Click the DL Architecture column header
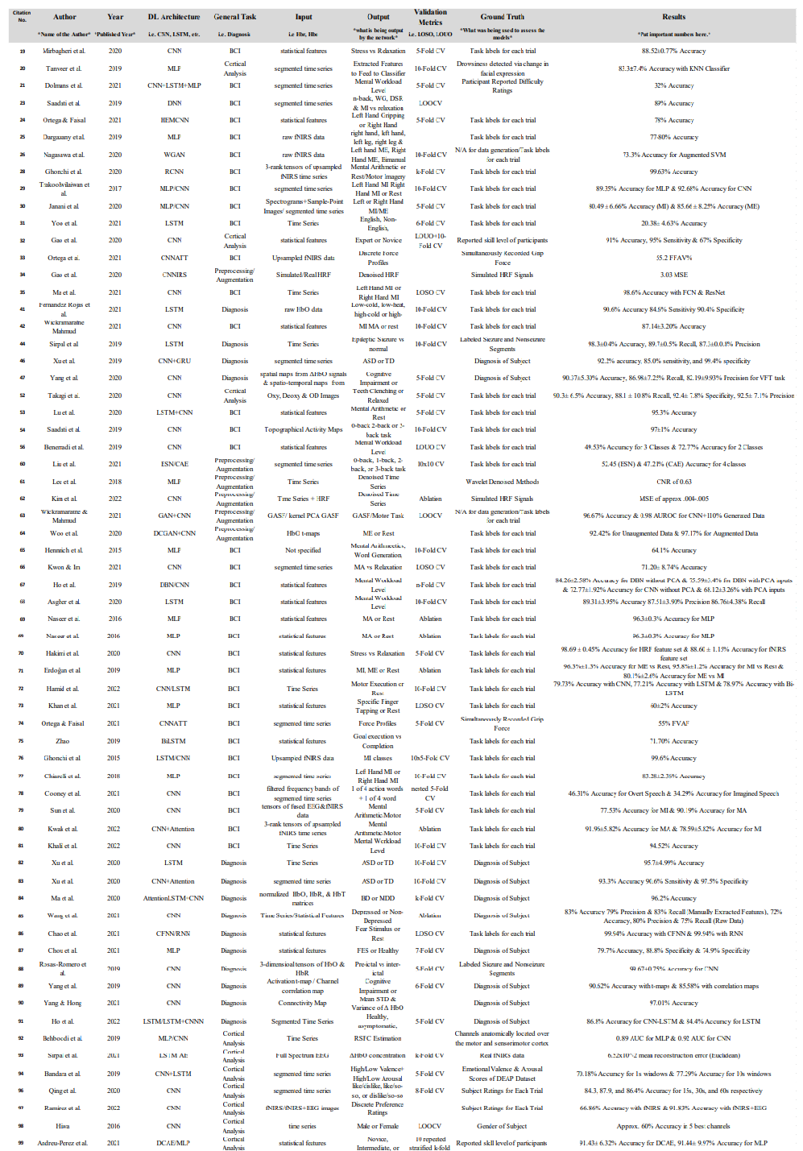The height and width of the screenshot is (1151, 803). tap(174, 17)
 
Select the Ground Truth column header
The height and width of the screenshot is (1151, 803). tap(503, 17)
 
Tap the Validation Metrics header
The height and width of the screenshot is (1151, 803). tap(430, 17)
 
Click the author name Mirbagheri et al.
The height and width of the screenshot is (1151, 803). tap(64, 51)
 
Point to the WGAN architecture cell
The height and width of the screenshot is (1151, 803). tap(174, 155)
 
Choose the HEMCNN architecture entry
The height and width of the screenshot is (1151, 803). tap(174, 120)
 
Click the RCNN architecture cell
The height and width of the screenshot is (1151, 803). tap(174, 172)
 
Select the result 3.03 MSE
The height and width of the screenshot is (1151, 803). tap(673, 275)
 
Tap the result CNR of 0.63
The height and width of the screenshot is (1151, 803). tap(673, 482)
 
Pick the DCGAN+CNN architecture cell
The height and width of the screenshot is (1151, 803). tap(174, 533)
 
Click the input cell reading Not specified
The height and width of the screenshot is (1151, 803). tap(303, 550)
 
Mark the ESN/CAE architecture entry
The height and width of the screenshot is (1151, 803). tap(174, 464)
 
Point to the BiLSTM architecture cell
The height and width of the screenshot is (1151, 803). tap(173, 741)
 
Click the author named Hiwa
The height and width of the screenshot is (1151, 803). tap(62, 1126)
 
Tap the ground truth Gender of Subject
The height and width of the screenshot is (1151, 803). tap(502, 1126)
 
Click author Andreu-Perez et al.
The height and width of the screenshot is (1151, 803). tap(62, 1143)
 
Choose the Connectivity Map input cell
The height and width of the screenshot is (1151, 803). tap(302, 1003)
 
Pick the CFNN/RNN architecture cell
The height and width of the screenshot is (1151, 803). tap(173, 934)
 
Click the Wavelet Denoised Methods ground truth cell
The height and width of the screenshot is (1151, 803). tap(503, 482)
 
